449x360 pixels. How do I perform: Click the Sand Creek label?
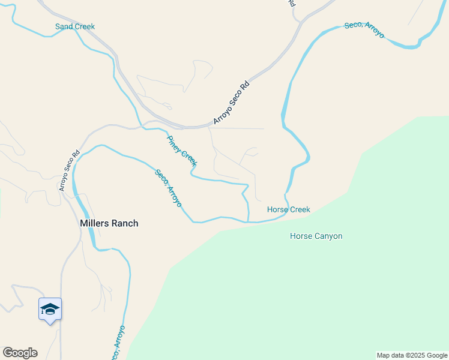tap(75, 26)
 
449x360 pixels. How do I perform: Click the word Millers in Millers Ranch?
tap(96, 223)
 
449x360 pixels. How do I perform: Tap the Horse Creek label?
tap(288, 209)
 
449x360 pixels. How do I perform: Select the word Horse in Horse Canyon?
tap(301, 236)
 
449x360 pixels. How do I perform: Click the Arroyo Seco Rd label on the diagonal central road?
tap(231, 103)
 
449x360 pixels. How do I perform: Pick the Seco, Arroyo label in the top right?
tap(364, 29)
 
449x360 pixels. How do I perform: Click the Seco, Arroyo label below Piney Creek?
tap(168, 188)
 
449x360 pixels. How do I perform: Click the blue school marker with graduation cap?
tap(50, 309)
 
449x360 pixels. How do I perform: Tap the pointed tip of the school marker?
tap(50, 323)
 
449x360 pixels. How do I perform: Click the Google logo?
tap(20, 353)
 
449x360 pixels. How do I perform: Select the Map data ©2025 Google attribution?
tap(412, 355)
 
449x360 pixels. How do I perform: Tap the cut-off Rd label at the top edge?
tap(292, 3)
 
